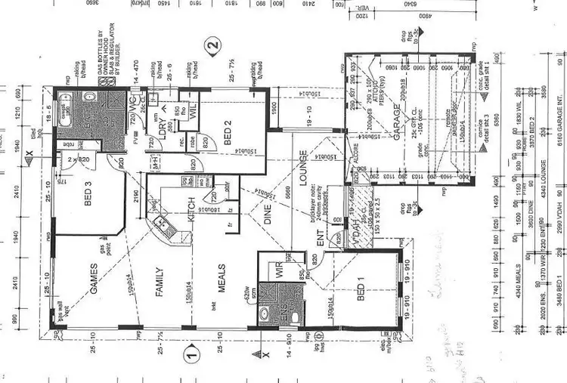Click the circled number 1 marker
[191, 351]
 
